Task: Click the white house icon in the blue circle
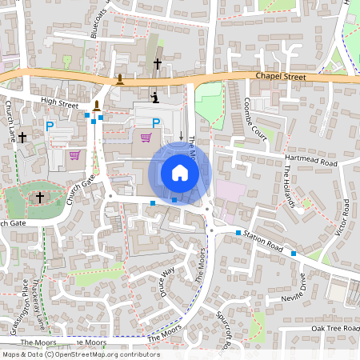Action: (180, 173)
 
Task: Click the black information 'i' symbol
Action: (155, 98)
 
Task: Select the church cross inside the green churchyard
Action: (40, 197)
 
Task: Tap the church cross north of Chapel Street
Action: (158, 63)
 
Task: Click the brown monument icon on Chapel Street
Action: (120, 78)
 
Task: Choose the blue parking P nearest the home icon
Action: (157, 122)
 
